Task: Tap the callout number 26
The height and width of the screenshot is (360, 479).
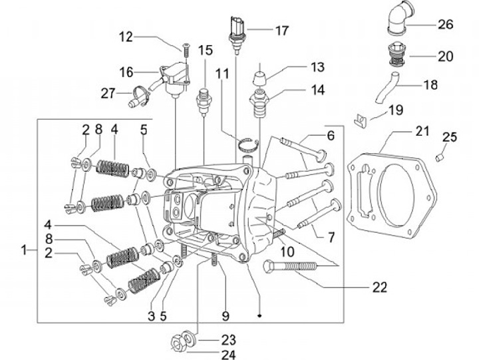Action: (x=445, y=25)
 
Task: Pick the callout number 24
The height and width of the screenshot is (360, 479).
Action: (x=229, y=355)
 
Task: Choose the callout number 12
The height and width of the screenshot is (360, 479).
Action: (x=126, y=37)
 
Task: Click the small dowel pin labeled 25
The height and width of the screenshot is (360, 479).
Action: (x=439, y=157)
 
